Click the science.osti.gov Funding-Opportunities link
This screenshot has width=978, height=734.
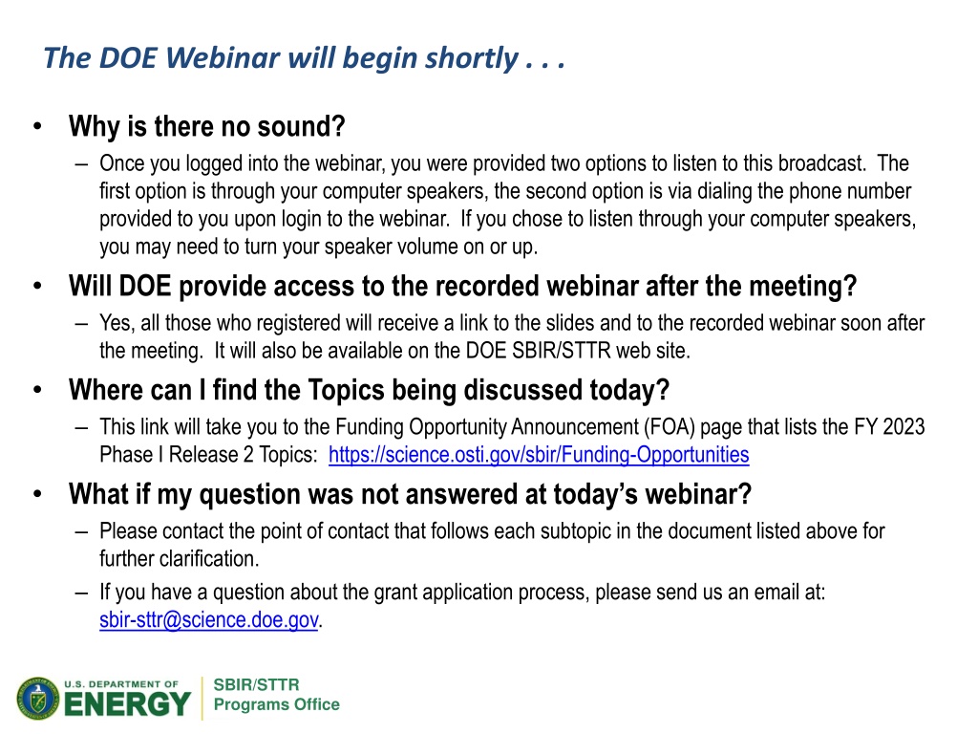(539, 455)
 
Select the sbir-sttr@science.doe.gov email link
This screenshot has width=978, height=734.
(209, 619)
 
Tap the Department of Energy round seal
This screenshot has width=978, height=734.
(38, 698)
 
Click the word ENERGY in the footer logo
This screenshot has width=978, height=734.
(127, 704)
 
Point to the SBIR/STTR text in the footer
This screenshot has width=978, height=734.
(256, 684)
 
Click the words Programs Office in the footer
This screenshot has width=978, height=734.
(276, 704)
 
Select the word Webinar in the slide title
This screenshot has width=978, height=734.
(223, 58)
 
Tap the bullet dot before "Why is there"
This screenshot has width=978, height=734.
(37, 127)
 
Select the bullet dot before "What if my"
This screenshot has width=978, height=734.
(37, 494)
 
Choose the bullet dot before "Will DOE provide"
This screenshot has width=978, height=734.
(37, 287)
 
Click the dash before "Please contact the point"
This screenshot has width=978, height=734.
(81, 532)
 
